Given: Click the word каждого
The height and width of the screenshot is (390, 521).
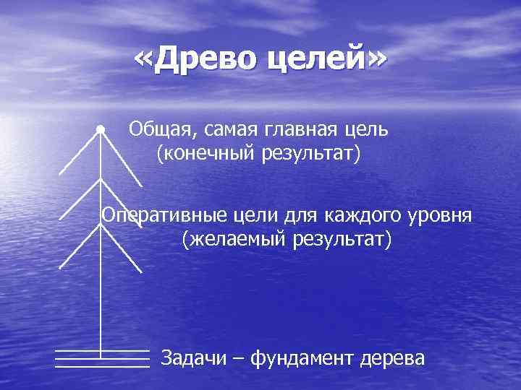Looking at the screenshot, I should click(360, 214).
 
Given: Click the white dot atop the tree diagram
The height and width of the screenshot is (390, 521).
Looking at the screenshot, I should click(101, 129).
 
